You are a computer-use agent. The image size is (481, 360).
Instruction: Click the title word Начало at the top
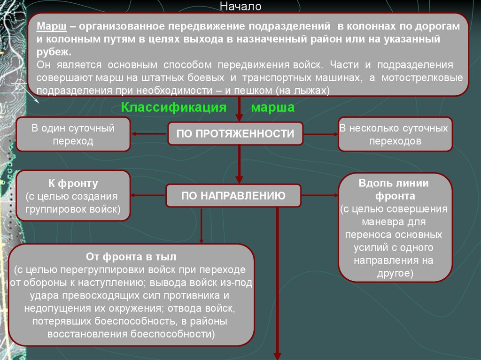(x=240, y=6)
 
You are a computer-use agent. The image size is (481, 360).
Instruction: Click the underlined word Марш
(x=52, y=26)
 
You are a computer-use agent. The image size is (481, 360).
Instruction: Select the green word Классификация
(x=174, y=107)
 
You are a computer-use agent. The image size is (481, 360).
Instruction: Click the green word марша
(x=273, y=107)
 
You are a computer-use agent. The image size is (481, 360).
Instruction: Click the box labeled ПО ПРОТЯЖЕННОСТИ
(x=235, y=133)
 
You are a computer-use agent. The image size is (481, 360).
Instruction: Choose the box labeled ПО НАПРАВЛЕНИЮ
(x=233, y=195)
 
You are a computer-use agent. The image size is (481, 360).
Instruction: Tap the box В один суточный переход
(x=73, y=134)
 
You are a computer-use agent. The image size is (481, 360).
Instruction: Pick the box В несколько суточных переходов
(x=395, y=134)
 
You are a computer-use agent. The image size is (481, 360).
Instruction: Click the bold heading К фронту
(x=73, y=183)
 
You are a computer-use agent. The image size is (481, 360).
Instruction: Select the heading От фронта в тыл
(x=131, y=256)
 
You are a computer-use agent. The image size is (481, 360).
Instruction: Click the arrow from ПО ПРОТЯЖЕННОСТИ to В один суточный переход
(x=149, y=134)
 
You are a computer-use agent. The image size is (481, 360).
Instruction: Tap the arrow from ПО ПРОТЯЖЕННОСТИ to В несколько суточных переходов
(x=320, y=134)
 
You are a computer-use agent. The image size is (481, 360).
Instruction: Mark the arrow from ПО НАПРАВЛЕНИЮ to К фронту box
(x=148, y=195)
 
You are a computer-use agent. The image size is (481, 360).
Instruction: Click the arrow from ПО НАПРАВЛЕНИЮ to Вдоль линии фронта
(x=319, y=195)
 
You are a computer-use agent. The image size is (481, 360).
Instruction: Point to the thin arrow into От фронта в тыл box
(x=201, y=226)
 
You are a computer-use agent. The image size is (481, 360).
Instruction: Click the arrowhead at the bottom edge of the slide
(x=277, y=356)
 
